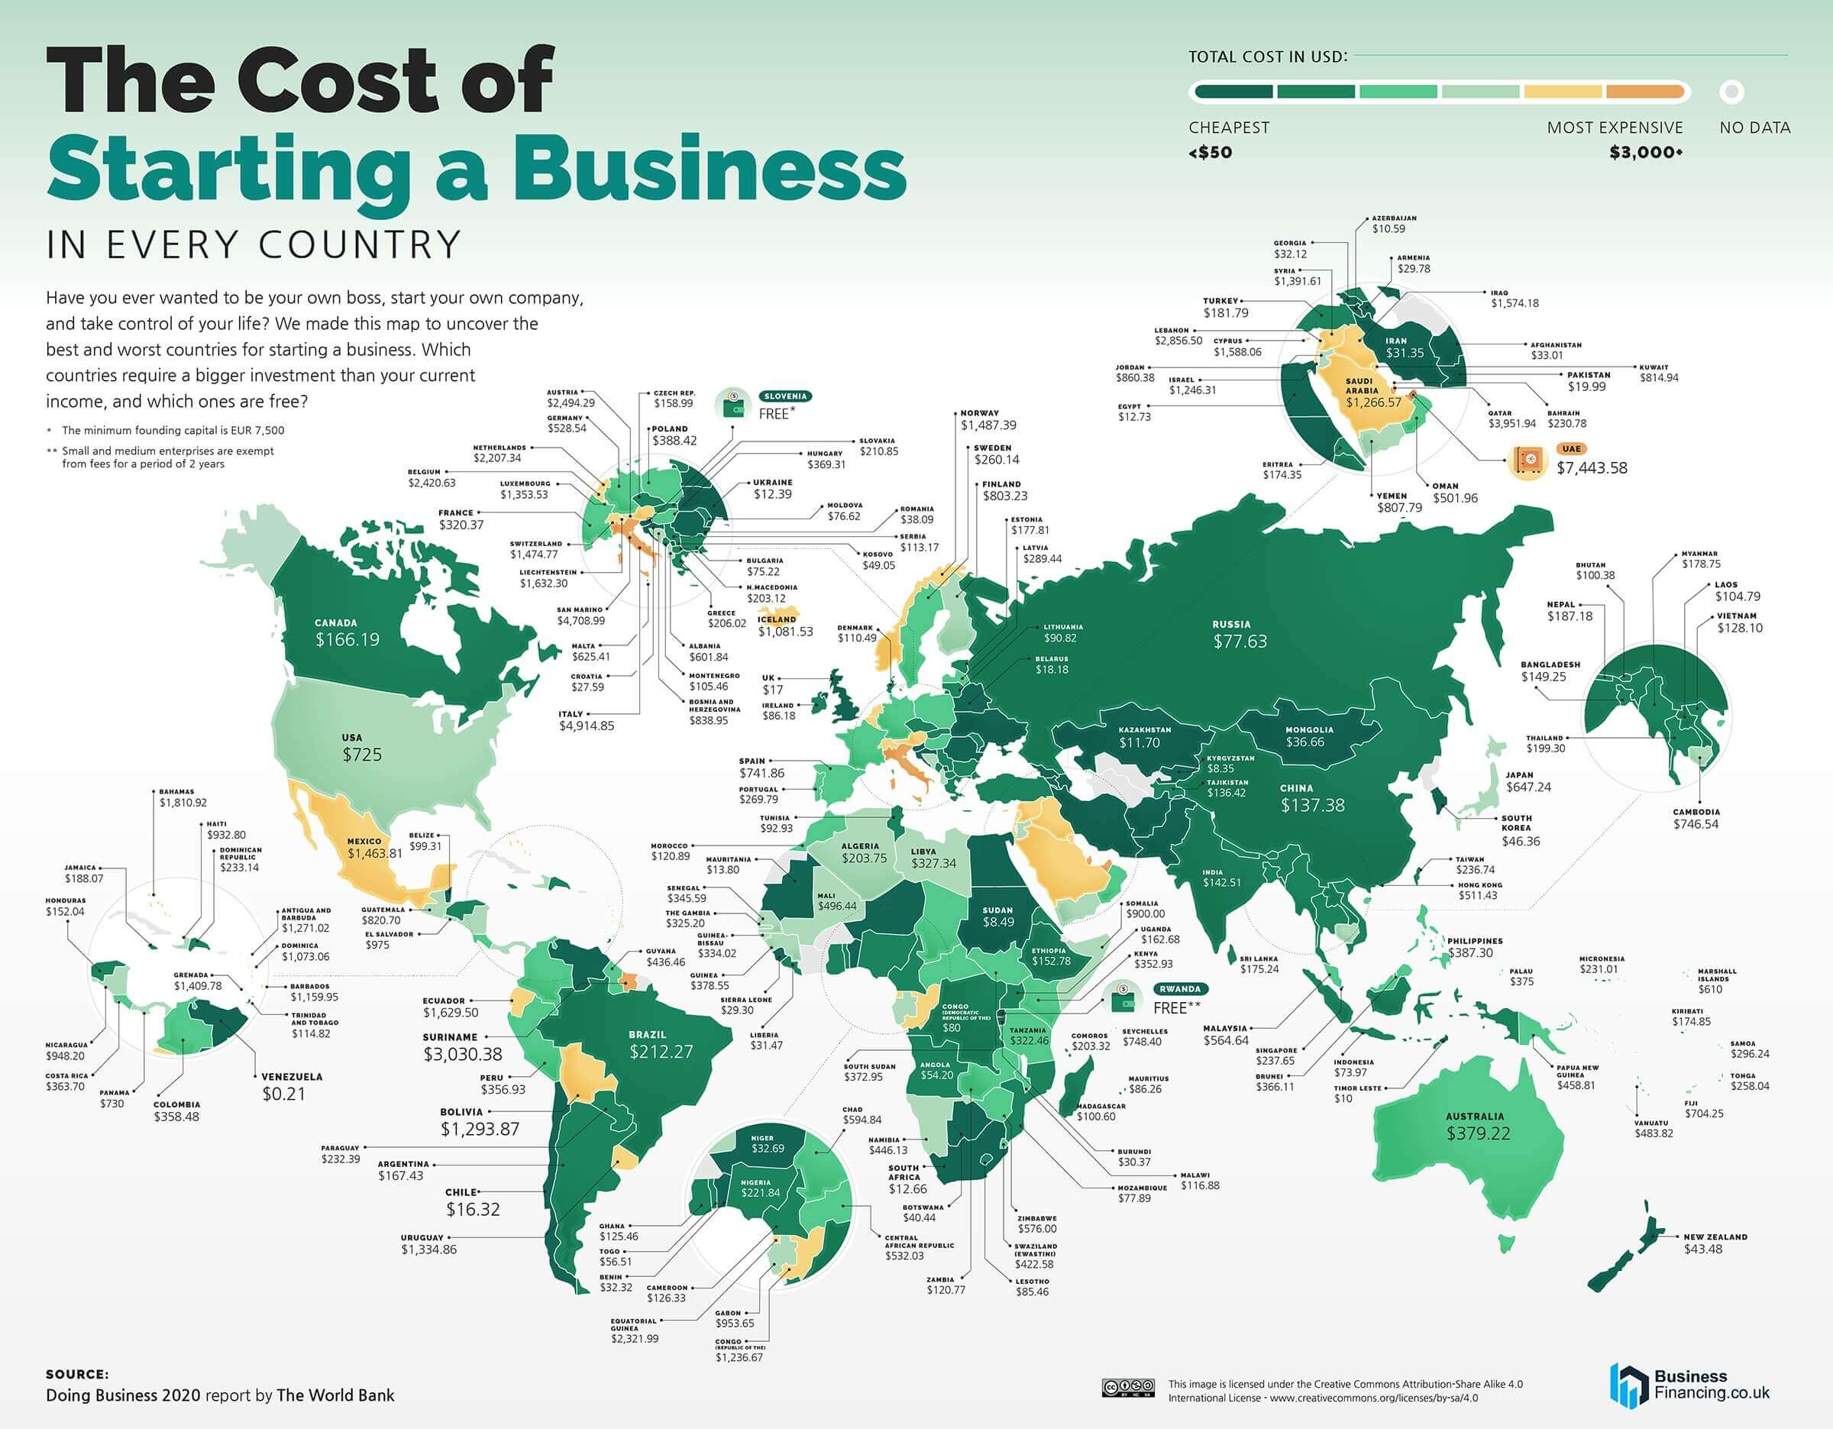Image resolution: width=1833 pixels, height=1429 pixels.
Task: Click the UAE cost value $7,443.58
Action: coord(1592,467)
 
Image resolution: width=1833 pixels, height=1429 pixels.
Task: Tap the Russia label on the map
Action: coord(1231,624)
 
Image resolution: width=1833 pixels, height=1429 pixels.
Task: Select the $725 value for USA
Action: coord(362,755)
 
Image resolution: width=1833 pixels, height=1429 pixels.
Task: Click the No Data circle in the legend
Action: coord(1731,92)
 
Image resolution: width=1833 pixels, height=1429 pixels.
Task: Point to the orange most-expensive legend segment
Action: coord(1644,92)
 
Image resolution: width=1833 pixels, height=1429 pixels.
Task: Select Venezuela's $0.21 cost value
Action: coord(283,1094)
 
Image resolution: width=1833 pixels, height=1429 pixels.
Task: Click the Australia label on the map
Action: coord(1475,1116)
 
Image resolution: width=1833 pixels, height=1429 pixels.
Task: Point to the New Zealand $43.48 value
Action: coord(1702,1249)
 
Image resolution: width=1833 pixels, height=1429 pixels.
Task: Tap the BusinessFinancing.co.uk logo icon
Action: coord(1627,1385)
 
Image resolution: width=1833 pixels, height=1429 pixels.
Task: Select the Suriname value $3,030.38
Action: coord(462,1054)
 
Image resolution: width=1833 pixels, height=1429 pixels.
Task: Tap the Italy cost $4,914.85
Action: coord(586,726)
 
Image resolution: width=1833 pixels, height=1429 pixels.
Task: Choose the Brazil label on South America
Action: coord(647,1035)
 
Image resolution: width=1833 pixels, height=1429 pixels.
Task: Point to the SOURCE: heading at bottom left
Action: coord(76,1375)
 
